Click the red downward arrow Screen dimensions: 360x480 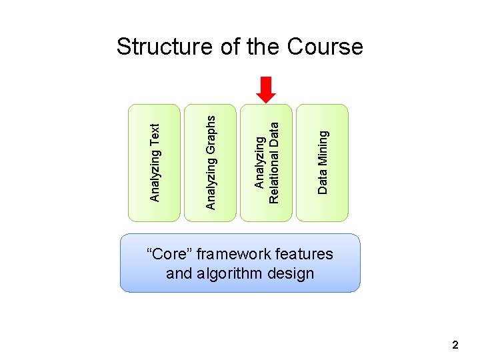pos(266,89)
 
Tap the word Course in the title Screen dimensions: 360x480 pos(325,47)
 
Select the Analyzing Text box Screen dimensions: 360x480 pos(154,162)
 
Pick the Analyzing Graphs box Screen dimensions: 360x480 pos(210,162)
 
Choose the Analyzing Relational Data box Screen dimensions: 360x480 pos(266,162)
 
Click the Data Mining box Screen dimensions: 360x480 pos(322,162)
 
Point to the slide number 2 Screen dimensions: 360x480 pos(455,345)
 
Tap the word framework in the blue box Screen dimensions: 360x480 pos(229,254)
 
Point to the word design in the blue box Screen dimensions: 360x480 pos(293,273)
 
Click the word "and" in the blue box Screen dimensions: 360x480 pos(179,273)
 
